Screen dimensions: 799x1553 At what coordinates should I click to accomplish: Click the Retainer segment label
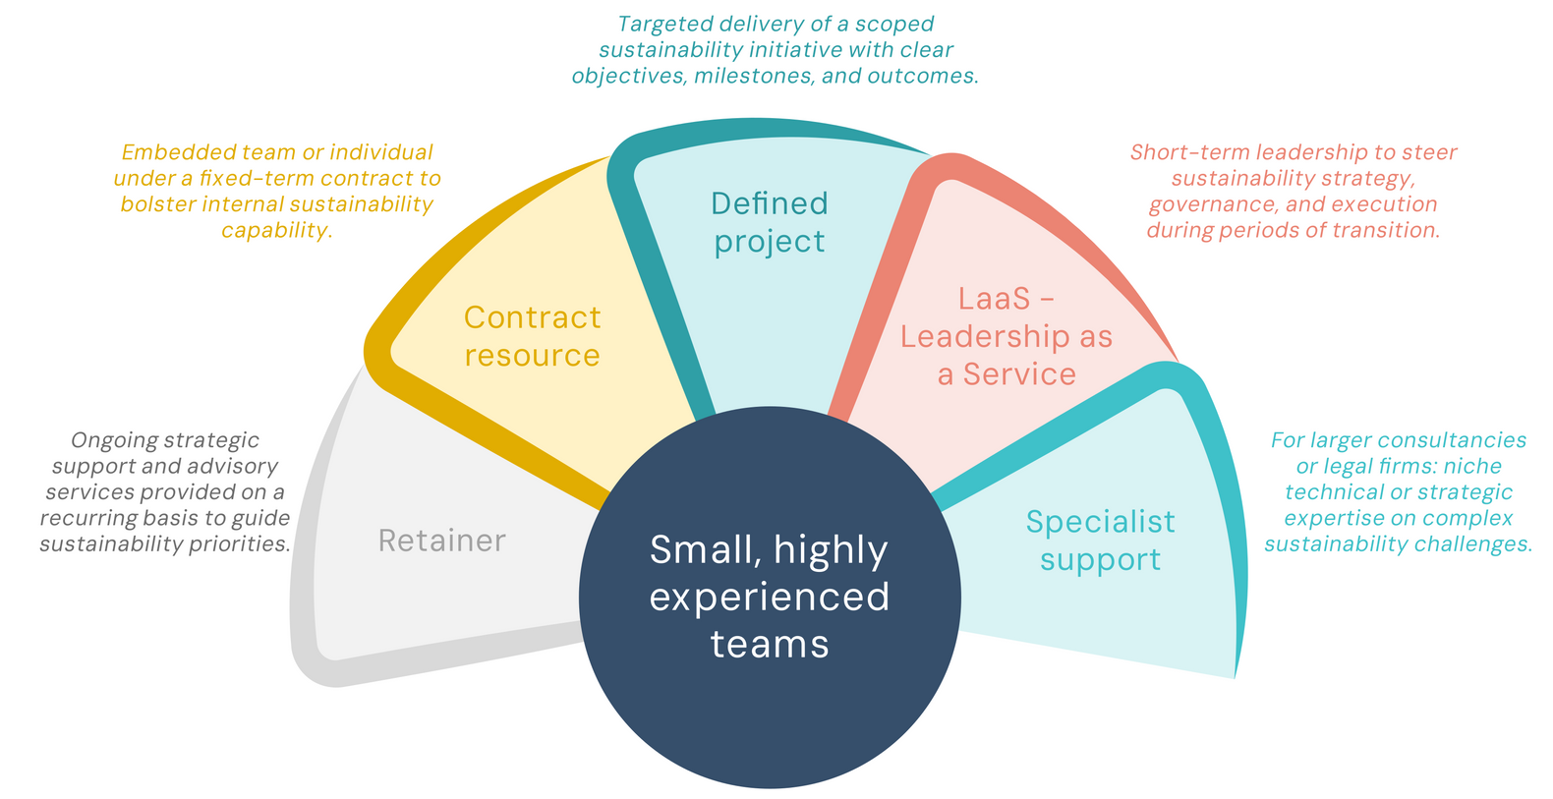click(441, 541)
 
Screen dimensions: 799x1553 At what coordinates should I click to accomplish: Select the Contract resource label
click(532, 336)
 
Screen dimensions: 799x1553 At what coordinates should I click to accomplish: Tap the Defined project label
click(770, 222)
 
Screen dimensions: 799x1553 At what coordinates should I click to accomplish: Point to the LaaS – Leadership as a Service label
click(1007, 336)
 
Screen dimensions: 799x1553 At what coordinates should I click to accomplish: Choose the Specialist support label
click(1100, 541)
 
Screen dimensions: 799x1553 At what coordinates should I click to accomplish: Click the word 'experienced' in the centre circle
click(770, 597)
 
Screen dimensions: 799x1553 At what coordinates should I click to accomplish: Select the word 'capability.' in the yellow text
click(276, 230)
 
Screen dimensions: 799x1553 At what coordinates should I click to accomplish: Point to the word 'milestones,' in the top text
click(753, 76)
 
